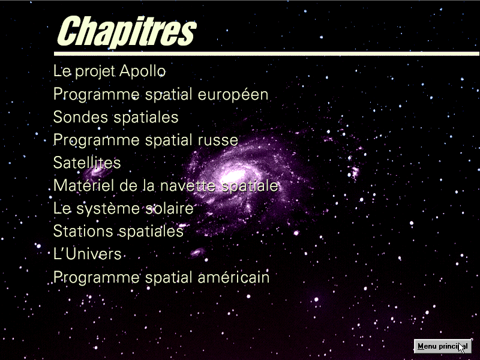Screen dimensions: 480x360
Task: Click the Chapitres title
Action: click(127, 31)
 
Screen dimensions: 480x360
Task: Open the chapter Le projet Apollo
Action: click(109, 71)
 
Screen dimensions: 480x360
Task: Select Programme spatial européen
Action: click(161, 94)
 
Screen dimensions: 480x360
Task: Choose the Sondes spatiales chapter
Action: click(116, 117)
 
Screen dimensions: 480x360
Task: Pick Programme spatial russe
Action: click(146, 140)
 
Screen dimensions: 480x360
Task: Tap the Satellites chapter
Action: click(87, 163)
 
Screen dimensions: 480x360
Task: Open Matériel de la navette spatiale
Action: click(166, 186)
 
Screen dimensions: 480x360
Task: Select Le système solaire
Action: click(124, 209)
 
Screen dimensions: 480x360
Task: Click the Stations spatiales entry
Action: click(118, 232)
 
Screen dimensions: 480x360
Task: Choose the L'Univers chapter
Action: click(87, 254)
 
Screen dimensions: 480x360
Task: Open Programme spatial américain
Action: click(161, 278)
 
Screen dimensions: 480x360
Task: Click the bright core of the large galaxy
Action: click(233, 176)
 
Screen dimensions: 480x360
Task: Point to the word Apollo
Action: click(142, 71)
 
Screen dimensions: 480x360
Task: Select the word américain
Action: click(233, 277)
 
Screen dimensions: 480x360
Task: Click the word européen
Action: click(233, 94)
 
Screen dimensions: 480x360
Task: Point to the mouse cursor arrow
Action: click(461, 348)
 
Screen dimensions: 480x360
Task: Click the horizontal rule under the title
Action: click(266, 54)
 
